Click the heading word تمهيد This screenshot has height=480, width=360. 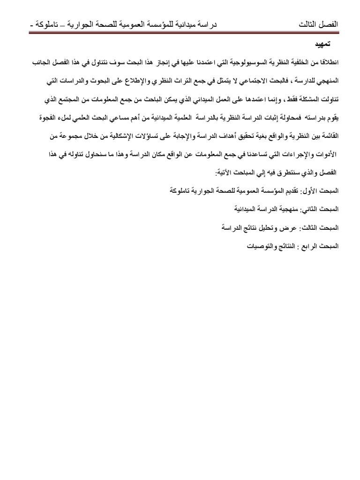(x=323, y=45)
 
